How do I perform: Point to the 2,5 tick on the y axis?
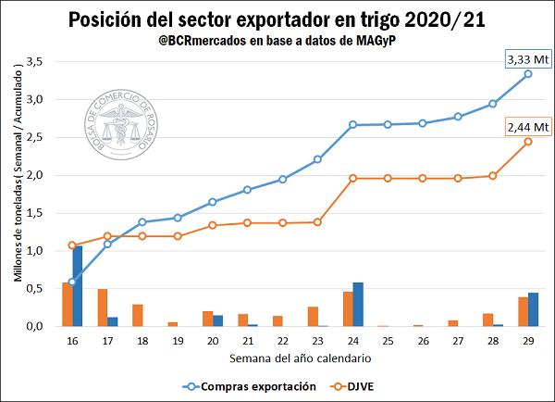coord(36,137)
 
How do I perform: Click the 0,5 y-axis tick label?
coord(36,288)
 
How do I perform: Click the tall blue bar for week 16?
coord(78,285)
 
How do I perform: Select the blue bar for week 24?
coord(358,304)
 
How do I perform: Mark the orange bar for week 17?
coord(103,307)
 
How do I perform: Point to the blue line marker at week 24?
coord(352,124)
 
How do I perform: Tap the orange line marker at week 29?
coord(528,142)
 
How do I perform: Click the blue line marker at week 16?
coord(72,282)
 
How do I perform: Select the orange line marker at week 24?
coord(352,178)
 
